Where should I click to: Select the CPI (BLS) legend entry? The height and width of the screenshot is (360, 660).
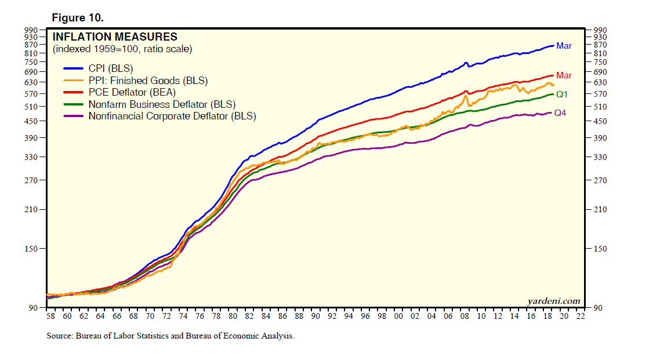pos(110,68)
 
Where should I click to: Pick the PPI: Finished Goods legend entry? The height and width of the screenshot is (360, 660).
pos(147,81)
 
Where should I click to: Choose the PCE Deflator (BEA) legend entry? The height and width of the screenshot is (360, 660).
pos(132,92)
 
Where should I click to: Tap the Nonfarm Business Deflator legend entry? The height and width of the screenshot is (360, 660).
pos(161,104)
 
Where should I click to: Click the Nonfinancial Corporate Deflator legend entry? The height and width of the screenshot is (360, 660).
pos(172,116)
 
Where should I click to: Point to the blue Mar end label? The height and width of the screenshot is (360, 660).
pos(564,46)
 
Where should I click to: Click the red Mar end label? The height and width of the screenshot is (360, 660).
pos(564,75)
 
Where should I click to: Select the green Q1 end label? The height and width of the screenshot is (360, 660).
pos(561,94)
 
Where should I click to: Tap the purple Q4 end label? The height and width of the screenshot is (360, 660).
pos(560,113)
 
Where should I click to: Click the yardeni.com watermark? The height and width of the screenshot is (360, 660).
pos(553,300)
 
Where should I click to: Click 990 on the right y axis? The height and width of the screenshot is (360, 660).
pos(600,30)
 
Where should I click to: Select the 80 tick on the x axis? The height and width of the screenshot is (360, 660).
pos(233,317)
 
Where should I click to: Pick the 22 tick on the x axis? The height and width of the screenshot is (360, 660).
pos(581,317)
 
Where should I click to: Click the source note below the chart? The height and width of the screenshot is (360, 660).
pos(171,336)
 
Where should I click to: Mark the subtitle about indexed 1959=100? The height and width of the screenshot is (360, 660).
pos(122,49)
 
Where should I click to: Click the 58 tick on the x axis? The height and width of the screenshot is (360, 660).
pos(50,317)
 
